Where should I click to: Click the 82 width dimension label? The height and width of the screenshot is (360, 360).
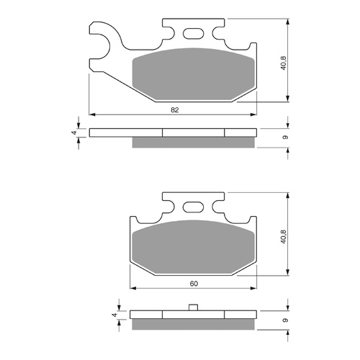coord(175,109)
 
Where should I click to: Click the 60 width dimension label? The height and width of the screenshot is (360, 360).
coord(194,283)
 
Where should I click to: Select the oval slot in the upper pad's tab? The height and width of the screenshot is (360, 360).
coord(193,33)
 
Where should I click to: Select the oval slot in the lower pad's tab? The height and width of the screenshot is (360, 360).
coord(194,207)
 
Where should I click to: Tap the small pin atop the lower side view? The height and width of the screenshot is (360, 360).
coord(194,308)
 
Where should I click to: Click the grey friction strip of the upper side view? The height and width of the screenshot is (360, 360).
coord(193,142)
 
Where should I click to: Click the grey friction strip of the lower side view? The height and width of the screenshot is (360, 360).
coord(194,323)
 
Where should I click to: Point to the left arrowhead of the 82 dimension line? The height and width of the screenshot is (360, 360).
coord(91,113)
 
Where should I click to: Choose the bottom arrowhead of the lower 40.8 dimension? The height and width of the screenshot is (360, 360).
coord(289,274)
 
